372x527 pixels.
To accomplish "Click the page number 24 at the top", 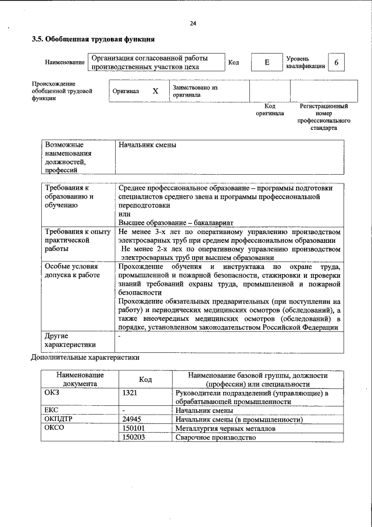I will (193, 23).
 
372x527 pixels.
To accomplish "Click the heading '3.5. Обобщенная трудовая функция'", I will (92, 40).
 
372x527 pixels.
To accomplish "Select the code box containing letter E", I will (266, 63).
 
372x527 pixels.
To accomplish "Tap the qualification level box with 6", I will (336, 63).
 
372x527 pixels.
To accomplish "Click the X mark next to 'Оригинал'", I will (155, 91).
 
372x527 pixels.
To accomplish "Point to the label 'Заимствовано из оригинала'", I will (195, 91).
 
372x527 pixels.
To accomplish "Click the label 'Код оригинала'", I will (270, 110).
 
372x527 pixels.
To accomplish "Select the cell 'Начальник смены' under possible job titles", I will (147, 145).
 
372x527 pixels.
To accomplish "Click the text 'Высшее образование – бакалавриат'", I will (176, 222).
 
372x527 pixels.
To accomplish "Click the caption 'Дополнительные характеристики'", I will (85, 358).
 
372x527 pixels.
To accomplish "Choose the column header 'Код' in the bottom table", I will (145, 380).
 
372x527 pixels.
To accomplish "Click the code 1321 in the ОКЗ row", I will (130, 393).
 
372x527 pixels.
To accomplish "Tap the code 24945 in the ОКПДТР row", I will (132, 419).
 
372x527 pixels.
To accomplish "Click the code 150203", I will (133, 437).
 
